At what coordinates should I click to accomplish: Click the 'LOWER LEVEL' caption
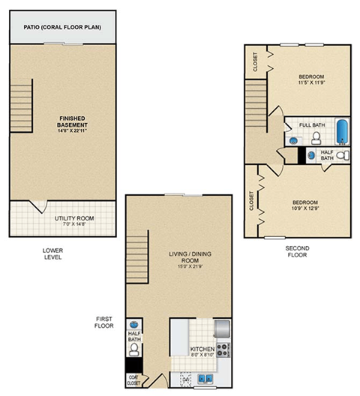[x=52, y=253]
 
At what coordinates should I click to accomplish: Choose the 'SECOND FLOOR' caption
[x=297, y=250]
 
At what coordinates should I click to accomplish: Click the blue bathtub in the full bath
[x=343, y=133]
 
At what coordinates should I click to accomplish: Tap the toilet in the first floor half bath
[x=134, y=349]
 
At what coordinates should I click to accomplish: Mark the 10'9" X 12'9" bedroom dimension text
[x=304, y=208]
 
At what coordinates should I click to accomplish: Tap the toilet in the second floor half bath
[x=342, y=156]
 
